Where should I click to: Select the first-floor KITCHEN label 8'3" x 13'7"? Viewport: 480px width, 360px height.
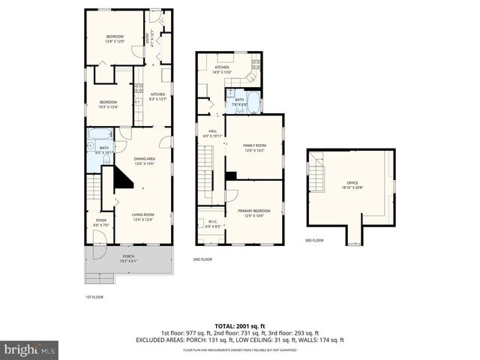(157, 97)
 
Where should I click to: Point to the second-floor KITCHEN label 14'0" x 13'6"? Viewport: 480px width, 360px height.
(221, 70)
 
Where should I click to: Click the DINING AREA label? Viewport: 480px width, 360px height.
(144, 160)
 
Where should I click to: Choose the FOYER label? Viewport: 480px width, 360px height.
(100, 222)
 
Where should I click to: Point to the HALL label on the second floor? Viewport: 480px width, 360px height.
(212, 133)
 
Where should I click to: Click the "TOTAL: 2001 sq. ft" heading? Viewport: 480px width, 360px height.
(239, 325)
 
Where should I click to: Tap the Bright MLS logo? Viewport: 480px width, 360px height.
(29, 349)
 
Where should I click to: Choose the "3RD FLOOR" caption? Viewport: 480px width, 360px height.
(313, 241)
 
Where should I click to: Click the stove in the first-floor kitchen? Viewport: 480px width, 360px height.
(139, 88)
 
